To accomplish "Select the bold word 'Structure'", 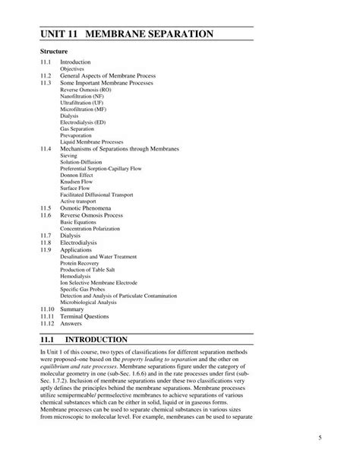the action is point(55,51).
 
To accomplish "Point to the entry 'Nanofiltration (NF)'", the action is point(83,96).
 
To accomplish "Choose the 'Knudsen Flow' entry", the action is point(78,181).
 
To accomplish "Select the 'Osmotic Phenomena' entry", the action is point(86,208).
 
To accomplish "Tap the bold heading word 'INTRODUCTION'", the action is point(107,339).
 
